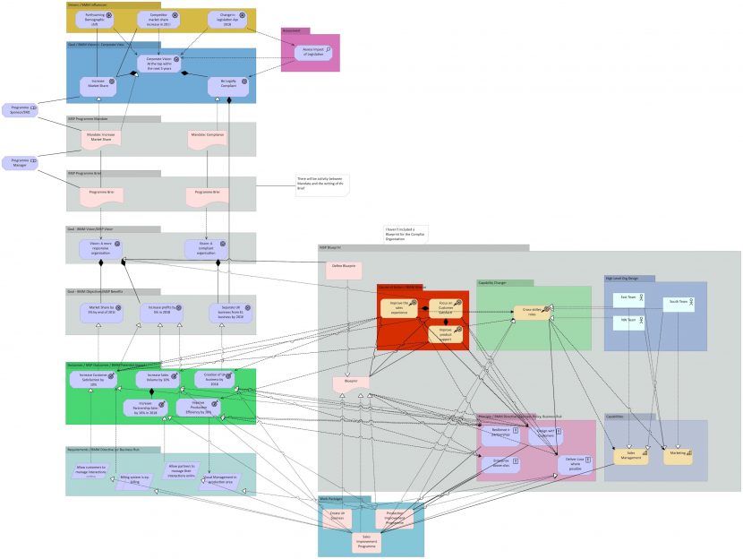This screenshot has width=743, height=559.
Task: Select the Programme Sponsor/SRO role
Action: [20, 109]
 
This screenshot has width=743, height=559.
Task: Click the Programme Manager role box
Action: [20, 162]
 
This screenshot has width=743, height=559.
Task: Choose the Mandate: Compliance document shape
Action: [208, 137]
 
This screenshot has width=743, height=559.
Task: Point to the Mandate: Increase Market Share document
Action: [101, 137]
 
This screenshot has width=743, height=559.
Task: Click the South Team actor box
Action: [679, 304]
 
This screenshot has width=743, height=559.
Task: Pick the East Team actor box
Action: [629, 298]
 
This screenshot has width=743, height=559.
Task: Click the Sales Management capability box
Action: [631, 456]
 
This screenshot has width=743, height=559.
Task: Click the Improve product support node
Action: [446, 334]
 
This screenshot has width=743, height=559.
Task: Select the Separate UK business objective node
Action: [226, 313]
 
